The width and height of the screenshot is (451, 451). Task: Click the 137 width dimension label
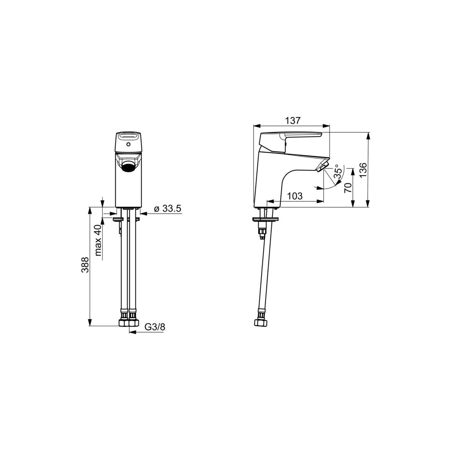point(292,121)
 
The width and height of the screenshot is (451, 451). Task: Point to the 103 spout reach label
point(295,196)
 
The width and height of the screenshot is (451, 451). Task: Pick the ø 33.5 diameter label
point(168,208)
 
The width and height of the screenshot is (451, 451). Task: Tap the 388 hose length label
point(85,265)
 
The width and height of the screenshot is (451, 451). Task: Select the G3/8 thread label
point(155,327)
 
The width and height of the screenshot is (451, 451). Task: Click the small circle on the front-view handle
point(128,144)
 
